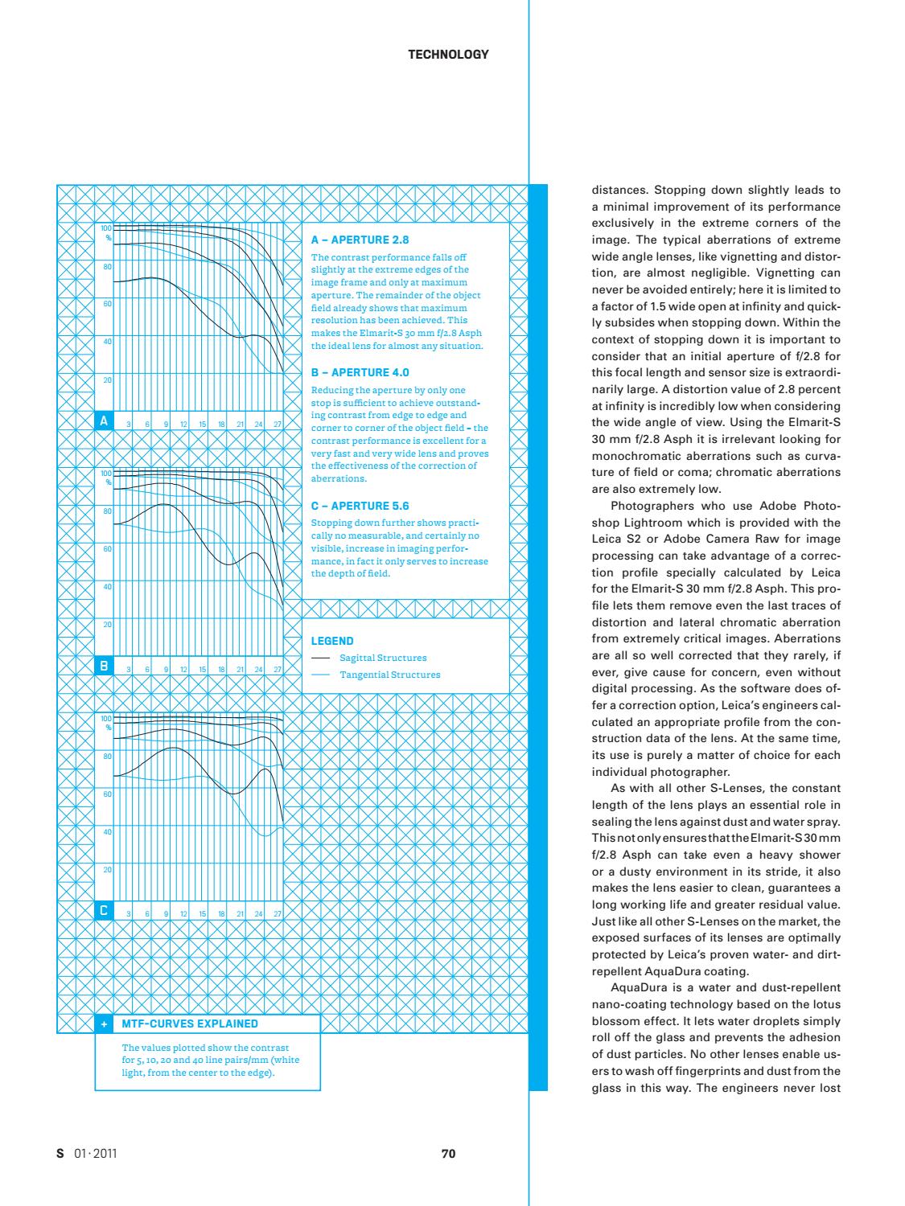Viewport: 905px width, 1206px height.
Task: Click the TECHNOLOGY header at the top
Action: [x=448, y=55]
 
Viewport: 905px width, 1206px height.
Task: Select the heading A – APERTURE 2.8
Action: [x=360, y=240]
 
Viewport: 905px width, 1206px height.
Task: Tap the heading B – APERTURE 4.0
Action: [x=360, y=372]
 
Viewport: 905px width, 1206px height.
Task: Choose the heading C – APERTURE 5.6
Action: [x=360, y=506]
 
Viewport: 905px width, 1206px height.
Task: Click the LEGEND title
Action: [x=331, y=641]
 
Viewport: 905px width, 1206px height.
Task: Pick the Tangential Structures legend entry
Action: [x=390, y=675]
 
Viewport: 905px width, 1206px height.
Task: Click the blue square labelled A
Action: [x=103, y=420]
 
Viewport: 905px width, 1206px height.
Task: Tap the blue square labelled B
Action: [x=103, y=666]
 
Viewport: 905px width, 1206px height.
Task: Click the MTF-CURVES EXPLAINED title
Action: [x=190, y=1023]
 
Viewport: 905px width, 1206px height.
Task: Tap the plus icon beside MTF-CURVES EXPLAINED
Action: [x=104, y=1023]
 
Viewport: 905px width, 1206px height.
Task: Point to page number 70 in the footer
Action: [x=449, y=1154]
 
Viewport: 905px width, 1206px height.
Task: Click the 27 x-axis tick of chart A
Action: [x=277, y=424]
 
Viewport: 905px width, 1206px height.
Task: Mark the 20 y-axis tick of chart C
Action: [x=107, y=870]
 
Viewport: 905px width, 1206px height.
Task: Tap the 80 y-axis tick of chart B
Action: [x=107, y=511]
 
